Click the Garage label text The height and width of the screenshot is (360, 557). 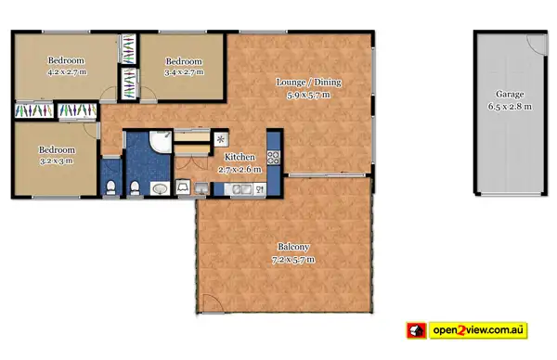(x=509, y=95)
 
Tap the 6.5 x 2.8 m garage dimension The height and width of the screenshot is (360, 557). (x=509, y=107)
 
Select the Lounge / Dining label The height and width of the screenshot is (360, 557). (x=309, y=82)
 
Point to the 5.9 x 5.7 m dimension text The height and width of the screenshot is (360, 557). (x=309, y=94)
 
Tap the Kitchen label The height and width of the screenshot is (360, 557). (x=240, y=158)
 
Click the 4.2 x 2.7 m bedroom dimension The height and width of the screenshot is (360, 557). (x=66, y=71)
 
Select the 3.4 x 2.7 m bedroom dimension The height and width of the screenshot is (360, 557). (x=183, y=71)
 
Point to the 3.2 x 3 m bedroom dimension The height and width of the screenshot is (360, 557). (x=56, y=160)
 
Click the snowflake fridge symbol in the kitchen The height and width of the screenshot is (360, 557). (x=221, y=140)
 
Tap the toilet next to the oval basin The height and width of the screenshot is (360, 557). (x=136, y=188)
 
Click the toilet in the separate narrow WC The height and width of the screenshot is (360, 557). (x=111, y=188)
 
